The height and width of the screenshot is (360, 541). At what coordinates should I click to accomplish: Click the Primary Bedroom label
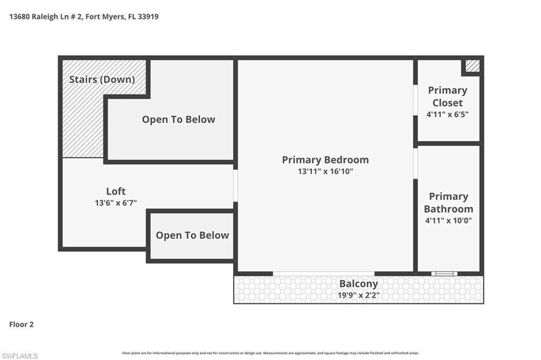coord(325,159)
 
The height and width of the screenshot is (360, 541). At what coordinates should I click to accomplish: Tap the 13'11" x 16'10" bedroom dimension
coord(325,172)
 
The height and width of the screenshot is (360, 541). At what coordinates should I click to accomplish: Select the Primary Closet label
coord(447,96)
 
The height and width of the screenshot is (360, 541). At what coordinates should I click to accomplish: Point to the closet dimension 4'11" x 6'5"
coord(447,114)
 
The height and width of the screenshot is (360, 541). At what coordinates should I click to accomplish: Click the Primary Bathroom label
coord(449,202)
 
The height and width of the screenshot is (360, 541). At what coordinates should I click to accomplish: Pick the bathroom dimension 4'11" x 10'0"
coord(449,221)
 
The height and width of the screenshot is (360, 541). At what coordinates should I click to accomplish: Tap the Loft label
coord(116,191)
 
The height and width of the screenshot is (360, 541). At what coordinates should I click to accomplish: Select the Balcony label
coord(359,283)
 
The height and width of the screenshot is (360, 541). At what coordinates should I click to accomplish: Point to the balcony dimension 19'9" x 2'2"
coord(359,295)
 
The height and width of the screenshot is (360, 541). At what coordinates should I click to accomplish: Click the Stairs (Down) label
coord(102,80)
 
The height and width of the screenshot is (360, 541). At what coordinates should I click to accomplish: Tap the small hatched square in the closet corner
coord(472,66)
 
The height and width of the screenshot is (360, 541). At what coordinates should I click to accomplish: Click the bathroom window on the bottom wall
coord(444,273)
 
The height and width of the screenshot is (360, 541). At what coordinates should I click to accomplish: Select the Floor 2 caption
coord(21,325)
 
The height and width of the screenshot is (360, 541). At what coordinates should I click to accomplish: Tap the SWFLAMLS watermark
coord(20,356)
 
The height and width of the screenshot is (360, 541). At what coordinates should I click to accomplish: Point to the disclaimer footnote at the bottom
coord(270,353)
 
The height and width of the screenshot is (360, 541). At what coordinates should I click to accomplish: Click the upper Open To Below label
coord(179,119)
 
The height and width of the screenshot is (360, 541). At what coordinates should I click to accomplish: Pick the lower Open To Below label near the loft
coord(192,235)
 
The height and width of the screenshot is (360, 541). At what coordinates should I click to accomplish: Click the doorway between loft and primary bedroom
coord(236,185)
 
